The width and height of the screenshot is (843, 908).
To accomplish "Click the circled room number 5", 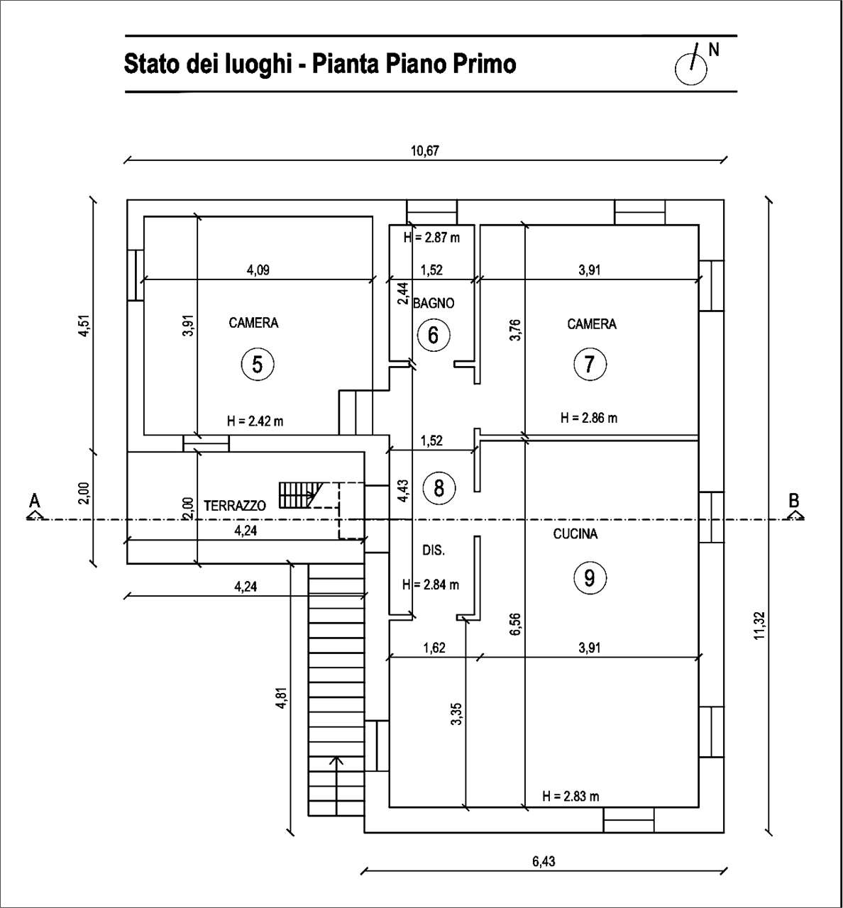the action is click(258, 365).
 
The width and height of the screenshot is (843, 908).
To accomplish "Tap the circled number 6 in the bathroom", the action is click(434, 335).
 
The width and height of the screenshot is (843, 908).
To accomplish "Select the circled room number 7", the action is click(590, 364).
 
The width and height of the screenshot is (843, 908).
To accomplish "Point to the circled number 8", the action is click(439, 488).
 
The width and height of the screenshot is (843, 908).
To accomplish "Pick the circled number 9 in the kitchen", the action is click(590, 578).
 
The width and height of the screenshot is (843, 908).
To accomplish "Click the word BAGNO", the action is click(434, 303).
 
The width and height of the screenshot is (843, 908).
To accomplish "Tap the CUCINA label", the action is click(575, 533).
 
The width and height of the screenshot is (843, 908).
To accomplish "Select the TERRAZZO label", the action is click(235, 506).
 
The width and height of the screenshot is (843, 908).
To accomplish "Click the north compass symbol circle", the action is click(691, 69).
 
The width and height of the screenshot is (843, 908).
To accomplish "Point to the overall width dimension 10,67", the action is click(425, 150).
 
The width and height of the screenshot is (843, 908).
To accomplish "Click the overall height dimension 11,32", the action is click(760, 626).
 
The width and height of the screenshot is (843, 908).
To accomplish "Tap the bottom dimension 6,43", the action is click(544, 861).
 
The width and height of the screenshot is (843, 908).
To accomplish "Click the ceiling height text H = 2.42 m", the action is click(255, 421).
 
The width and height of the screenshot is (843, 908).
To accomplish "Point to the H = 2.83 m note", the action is click(571, 796).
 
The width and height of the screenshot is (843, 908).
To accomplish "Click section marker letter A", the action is click(35, 501).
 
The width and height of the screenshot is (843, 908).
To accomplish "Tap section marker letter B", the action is click(794, 501).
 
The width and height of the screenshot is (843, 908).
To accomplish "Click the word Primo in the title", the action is click(485, 64).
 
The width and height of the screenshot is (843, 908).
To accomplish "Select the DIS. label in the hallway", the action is click(434, 550).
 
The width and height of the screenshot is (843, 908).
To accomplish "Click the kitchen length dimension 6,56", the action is click(515, 624).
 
